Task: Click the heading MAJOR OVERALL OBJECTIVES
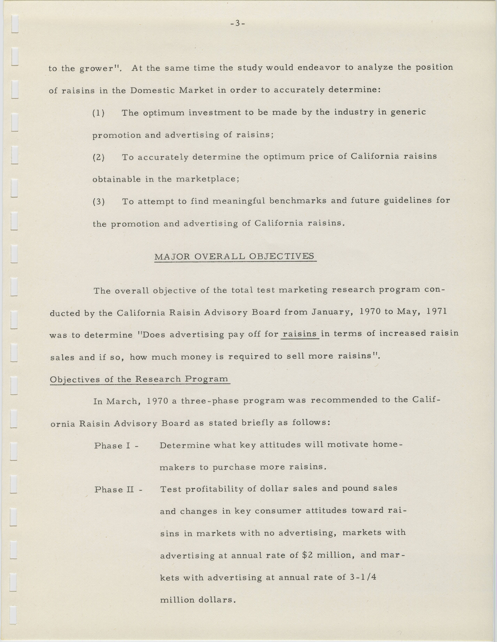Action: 234,256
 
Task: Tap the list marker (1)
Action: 98,113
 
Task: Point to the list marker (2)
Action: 98,158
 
